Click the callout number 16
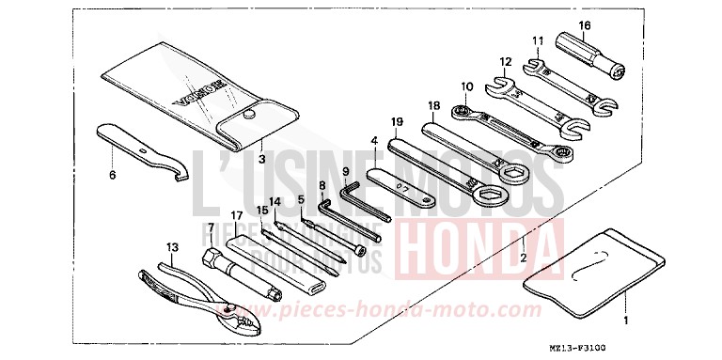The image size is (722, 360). (584, 25)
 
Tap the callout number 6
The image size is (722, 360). (113, 174)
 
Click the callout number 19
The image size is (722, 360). (398, 122)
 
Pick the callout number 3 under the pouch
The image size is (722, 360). (262, 162)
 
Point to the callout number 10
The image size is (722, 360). (467, 87)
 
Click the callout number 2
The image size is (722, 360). (521, 254)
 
